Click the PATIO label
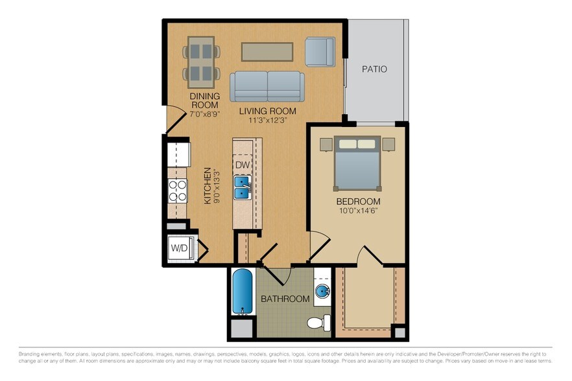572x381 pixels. pos(374,69)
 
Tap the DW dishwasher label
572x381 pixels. pos(242,165)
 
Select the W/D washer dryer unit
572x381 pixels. pos(179,248)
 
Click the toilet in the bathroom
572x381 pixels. pos(318,322)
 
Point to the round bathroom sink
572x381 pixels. pos(322,293)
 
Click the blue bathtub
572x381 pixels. pos(243,292)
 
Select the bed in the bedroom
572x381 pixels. pos(357,161)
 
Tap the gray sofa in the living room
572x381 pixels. pos(266,86)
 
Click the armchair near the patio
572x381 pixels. pos(319,52)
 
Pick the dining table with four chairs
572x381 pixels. pos(200,62)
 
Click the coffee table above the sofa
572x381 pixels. pos(267,51)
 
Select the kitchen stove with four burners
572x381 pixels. pos(178,190)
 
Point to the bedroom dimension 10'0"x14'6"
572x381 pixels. pos(357,211)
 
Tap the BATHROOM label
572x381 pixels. pos(285,299)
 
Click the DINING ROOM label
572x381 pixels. pos(204,100)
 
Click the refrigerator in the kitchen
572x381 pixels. pos(178,155)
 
